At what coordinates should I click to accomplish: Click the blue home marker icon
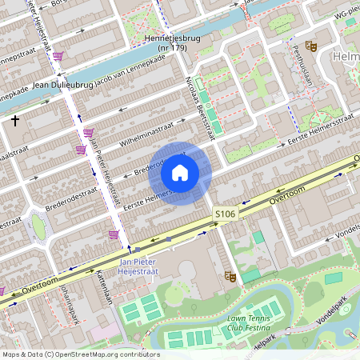[x=180, y=173]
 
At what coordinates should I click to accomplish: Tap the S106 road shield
[x=224, y=214]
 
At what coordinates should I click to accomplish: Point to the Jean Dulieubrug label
[x=62, y=83]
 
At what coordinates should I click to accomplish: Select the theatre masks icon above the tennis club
[x=232, y=277]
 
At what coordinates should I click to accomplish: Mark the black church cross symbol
[x=15, y=120]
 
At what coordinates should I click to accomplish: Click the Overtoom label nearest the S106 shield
[x=288, y=194]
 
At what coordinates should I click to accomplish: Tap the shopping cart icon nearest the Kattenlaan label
[x=114, y=234]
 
